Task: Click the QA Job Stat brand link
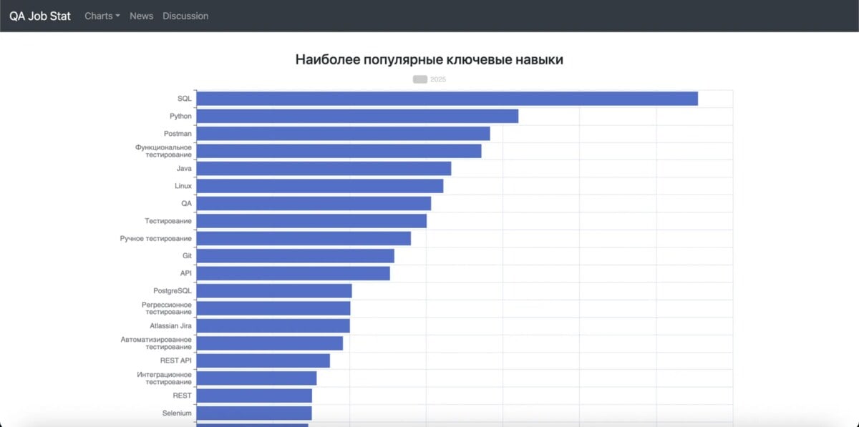40,16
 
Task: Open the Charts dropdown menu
102,16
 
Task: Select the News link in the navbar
141,16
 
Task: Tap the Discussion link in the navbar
185,16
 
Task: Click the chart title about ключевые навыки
429,60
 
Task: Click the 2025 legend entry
429,79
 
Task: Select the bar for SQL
447,99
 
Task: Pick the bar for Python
357,116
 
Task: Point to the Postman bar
343,134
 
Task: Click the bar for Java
324,169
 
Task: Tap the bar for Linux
320,186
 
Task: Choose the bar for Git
295,256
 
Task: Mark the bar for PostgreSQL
274,291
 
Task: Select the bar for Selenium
254,413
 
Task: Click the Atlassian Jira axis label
170,326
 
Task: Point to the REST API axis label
175,360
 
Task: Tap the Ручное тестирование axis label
155,238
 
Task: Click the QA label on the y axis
186,203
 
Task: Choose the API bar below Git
293,273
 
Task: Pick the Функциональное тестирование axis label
163,151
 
